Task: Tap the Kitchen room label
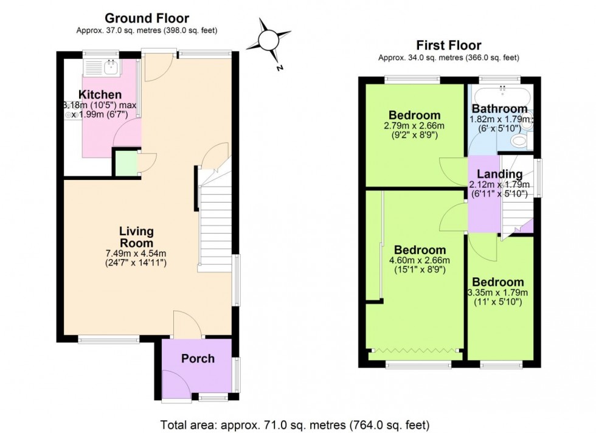click(100, 95)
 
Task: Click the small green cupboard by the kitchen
click(126, 162)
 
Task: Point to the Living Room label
click(136, 237)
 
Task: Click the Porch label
click(198, 358)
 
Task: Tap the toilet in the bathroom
click(519, 141)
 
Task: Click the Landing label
click(499, 175)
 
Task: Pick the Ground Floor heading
click(147, 19)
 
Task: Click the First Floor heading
click(448, 46)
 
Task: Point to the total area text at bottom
click(295, 424)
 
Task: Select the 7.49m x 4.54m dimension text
click(136, 254)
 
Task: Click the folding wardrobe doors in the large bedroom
click(415, 351)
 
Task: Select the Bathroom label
click(500, 109)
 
